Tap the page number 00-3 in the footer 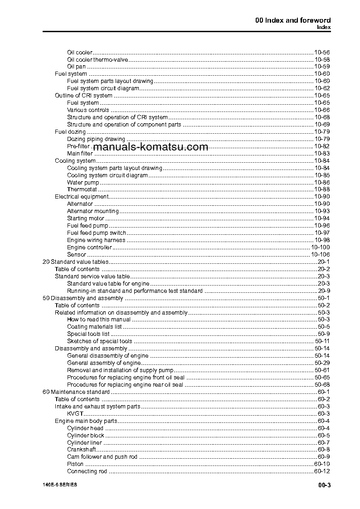(x=324, y=486)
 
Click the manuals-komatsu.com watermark (x=151, y=147)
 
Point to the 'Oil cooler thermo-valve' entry (x=97, y=59)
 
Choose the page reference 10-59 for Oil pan (x=322, y=67)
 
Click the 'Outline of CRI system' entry (x=83, y=96)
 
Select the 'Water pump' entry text (x=83, y=182)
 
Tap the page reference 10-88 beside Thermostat (x=322, y=189)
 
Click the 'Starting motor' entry (x=86, y=218)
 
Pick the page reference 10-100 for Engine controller (x=320, y=247)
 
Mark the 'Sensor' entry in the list (x=76, y=255)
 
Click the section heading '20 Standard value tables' (x=75, y=262)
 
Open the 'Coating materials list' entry (x=94, y=327)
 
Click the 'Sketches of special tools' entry (x=100, y=341)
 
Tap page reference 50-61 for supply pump (x=322, y=370)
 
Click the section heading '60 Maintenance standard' (x=76, y=392)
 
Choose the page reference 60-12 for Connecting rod (x=322, y=471)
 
